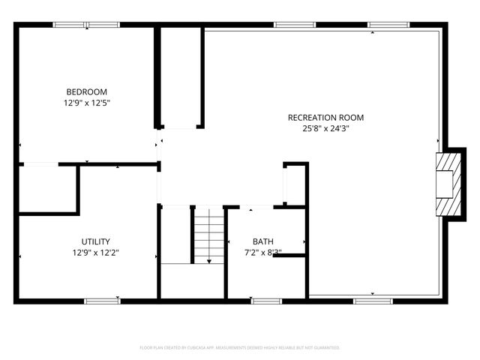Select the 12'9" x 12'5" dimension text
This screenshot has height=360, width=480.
point(90,103)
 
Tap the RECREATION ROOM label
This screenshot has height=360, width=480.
point(325,117)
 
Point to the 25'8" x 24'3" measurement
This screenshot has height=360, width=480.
point(325,128)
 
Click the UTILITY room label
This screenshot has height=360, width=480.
point(90,241)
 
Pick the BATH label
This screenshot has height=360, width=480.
point(262,241)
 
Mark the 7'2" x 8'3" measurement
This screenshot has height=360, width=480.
point(262,253)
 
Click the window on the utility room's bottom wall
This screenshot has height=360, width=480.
point(101,301)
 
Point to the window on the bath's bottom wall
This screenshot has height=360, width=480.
point(265,301)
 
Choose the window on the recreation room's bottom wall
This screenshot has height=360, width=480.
point(373,301)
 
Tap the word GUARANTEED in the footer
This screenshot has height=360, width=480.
point(325,348)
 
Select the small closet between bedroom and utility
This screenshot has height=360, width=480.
point(47,189)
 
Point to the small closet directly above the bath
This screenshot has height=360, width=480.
point(294,184)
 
